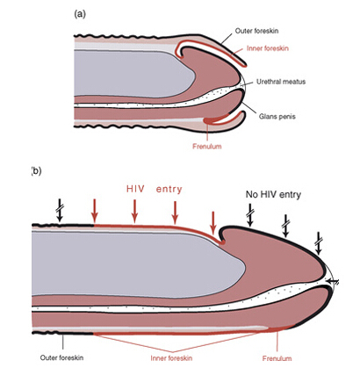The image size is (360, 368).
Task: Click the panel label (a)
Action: coord(80,14)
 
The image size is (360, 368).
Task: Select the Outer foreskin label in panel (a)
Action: coord(256,31)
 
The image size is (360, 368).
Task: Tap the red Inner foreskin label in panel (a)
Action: coord(268,48)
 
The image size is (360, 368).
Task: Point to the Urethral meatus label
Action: coord(281,82)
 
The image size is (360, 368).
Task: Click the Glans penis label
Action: coord(277,117)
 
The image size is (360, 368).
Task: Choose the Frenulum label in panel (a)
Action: coord(207,146)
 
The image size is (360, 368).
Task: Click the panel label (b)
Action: coord(36,171)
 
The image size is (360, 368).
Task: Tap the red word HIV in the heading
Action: coord(135,189)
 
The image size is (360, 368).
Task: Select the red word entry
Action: coord(169,190)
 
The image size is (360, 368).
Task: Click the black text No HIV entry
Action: coord(273,194)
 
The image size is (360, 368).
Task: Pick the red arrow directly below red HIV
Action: coord(134,211)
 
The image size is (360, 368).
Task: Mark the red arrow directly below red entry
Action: coord(175,212)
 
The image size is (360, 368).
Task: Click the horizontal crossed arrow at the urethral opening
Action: coord(333,282)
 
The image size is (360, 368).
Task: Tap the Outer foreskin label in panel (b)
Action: coord(61,357)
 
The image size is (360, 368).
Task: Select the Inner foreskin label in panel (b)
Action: coord(171,357)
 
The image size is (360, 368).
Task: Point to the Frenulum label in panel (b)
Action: coord(277,358)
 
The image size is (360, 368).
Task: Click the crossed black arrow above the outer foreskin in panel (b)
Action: coord(61,210)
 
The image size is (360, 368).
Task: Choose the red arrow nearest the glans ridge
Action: coord(213,223)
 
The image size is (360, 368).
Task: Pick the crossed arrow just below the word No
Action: coord(250,215)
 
